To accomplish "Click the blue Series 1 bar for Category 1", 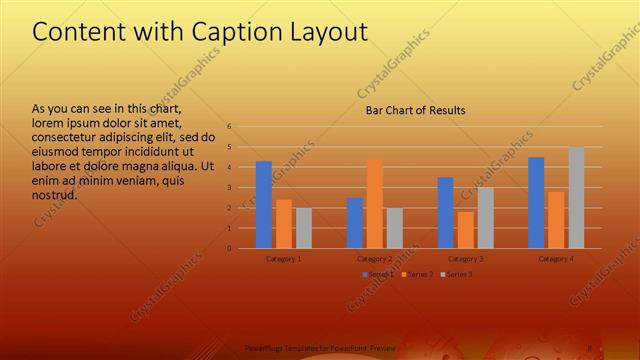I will (264, 205).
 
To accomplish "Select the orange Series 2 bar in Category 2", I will (374, 204).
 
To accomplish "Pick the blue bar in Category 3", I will (445, 213).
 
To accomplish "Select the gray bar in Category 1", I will (304, 228).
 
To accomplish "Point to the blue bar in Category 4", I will (536, 203).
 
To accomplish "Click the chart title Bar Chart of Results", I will (414, 110).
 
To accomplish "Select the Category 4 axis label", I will (556, 258).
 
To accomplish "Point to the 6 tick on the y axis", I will (230, 127).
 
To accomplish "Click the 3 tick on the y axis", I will (230, 187).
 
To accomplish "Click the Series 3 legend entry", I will (456, 274).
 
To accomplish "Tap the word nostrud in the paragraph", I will (55, 194).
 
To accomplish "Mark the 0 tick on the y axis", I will (230, 248).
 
